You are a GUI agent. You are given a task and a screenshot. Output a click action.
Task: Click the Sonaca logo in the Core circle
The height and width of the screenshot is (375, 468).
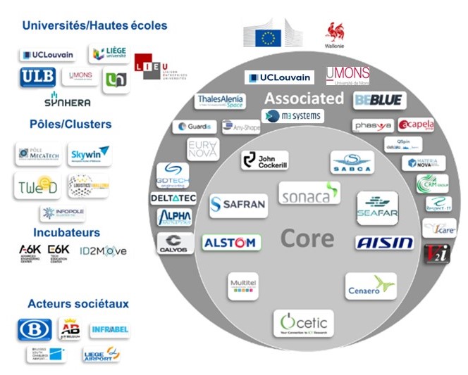tap(309, 193)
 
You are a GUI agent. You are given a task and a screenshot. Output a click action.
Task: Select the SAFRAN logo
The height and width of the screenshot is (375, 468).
tap(238, 205)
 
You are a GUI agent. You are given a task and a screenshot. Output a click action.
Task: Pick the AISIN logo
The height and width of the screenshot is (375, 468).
tap(384, 243)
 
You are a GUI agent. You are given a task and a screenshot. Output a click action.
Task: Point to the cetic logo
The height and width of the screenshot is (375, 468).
tap(304, 323)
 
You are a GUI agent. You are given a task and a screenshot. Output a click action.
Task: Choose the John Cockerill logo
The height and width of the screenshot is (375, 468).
tap(264, 160)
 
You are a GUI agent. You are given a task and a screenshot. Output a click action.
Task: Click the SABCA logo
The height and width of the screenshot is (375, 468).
tap(352, 163)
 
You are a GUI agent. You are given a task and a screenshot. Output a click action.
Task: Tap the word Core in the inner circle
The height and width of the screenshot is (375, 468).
tap(307, 239)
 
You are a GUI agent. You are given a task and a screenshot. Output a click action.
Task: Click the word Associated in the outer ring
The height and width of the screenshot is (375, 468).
tap(304, 98)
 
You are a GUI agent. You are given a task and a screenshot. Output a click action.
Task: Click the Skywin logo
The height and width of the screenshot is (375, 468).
tap(90, 153)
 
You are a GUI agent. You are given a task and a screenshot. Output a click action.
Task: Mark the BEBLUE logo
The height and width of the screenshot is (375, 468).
tap(380, 101)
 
